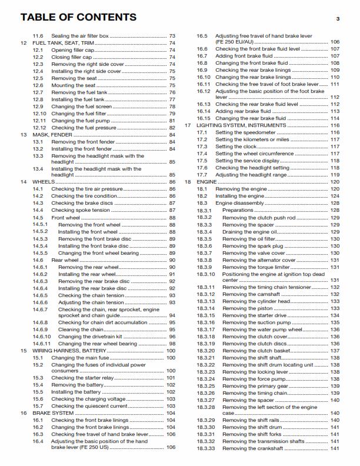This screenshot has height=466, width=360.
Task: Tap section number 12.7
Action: tap(38, 92)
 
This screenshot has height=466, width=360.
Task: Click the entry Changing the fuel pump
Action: tap(79, 121)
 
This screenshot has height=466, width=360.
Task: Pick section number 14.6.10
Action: tap(42, 336)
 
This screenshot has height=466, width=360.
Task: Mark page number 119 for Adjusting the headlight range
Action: tap(335, 175)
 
